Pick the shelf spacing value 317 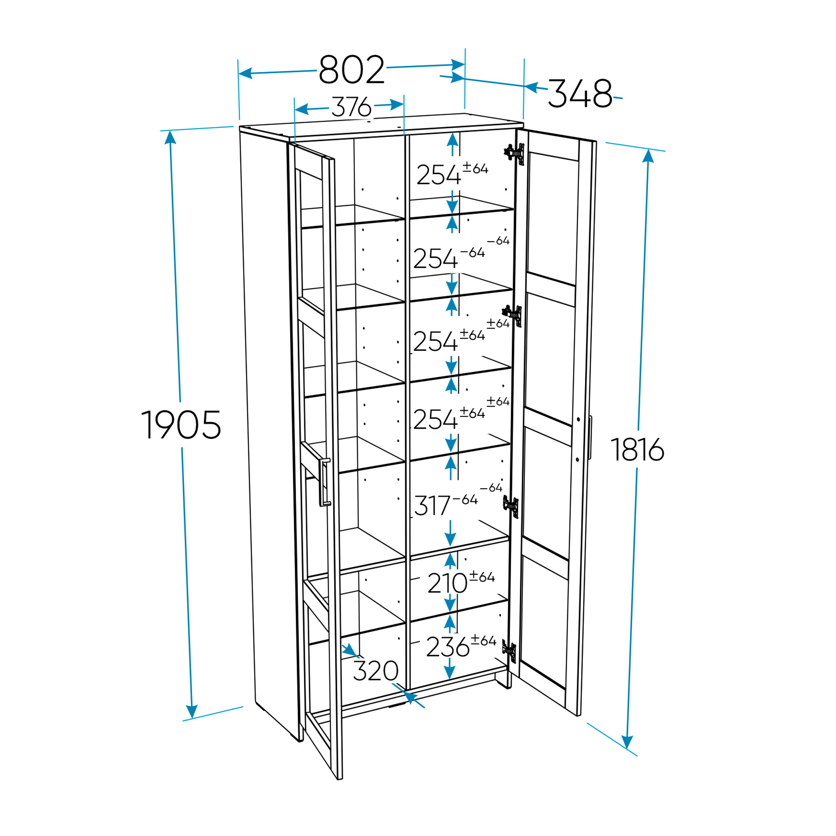pyautogui.click(x=432, y=505)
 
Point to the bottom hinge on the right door pyautogui.click(x=510, y=652)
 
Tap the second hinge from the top pyautogui.click(x=512, y=316)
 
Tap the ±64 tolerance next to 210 pyautogui.click(x=482, y=577)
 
